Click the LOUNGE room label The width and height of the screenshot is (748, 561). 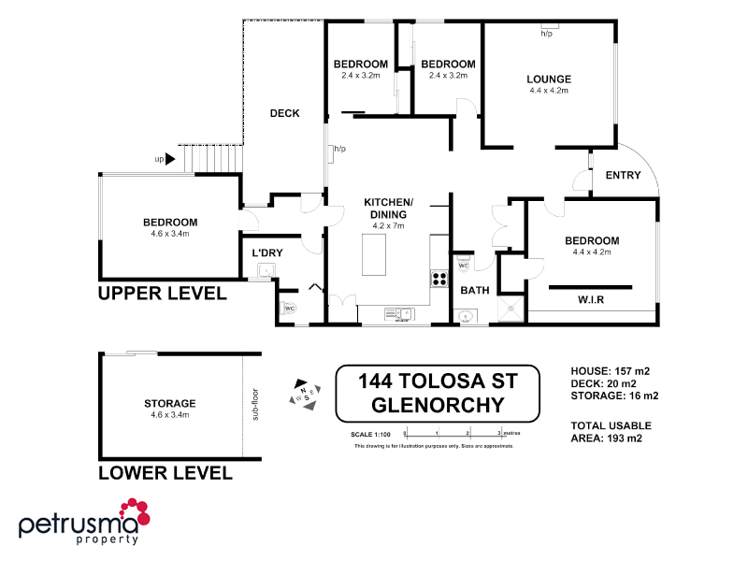coord(549,79)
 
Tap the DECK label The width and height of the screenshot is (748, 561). coord(284,113)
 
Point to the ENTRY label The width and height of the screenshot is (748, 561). coord(624,176)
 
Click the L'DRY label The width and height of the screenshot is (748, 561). coord(267,252)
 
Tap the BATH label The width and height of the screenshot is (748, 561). coord(475,290)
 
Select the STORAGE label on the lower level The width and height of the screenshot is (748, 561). coord(169,403)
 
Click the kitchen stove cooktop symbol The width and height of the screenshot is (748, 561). coord(438,277)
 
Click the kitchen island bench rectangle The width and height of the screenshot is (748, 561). coord(378,254)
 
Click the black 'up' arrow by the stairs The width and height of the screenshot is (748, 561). coord(170,159)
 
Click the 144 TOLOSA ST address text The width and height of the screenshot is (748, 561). coord(437,381)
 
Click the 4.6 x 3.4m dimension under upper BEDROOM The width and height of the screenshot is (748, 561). coord(169,234)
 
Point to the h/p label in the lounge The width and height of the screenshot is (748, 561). coord(547,34)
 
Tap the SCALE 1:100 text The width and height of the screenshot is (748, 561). coord(369,434)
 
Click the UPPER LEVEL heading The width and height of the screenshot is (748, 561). coord(162,294)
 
